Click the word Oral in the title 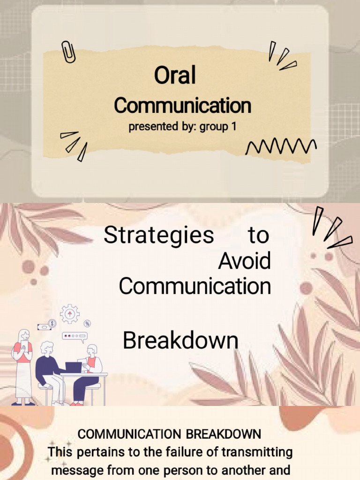175,75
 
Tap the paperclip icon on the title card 68,52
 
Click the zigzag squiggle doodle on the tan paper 281,147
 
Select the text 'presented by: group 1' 182,127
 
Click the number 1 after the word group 234,126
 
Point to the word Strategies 158,235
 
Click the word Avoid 244,261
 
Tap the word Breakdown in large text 180,340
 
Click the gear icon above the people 70,314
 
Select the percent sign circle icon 88,323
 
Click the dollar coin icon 52,323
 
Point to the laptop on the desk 74,367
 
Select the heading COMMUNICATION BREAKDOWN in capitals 169,434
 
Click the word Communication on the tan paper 182,105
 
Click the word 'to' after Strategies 259,235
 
